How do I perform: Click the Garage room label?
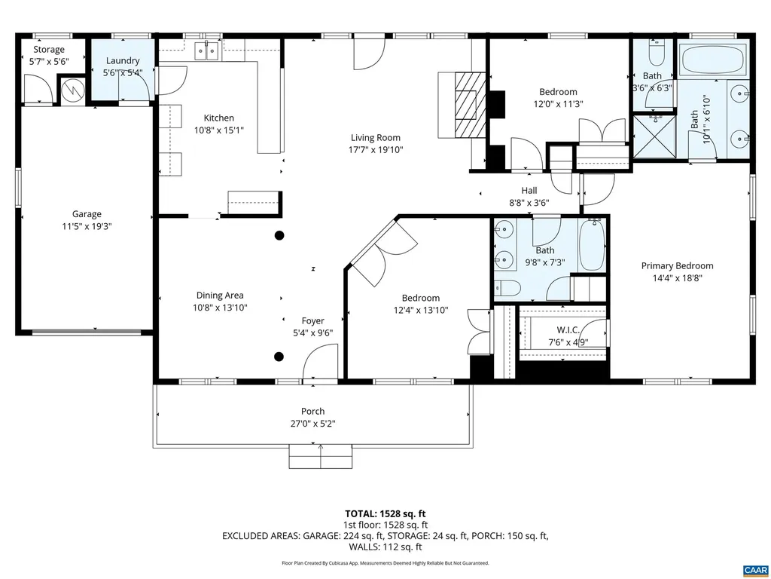(x=87, y=214)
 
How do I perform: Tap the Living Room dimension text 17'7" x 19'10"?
(x=375, y=149)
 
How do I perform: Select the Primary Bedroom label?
(x=677, y=265)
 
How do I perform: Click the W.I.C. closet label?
(x=568, y=330)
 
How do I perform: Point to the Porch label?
(x=312, y=411)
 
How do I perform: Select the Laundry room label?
(x=122, y=60)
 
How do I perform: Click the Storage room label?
(x=48, y=50)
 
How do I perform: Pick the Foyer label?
(x=312, y=320)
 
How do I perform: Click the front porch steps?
(x=321, y=455)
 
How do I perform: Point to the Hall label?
(x=529, y=191)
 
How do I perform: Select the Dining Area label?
(x=220, y=296)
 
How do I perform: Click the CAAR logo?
(x=754, y=569)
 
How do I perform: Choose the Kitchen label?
(x=218, y=118)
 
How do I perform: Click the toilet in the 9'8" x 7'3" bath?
(x=508, y=287)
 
